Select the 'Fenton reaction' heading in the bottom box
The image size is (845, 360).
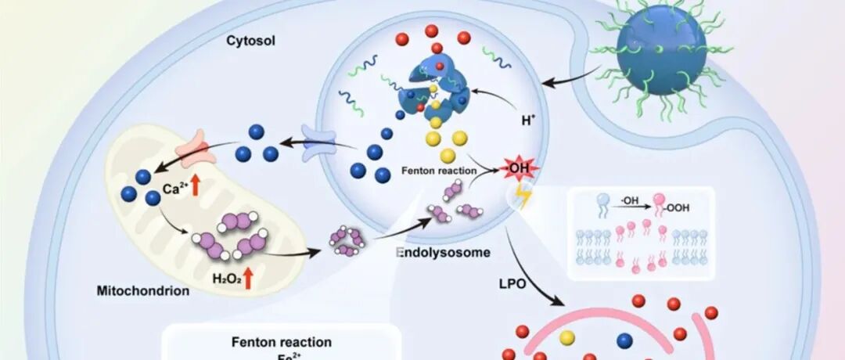[x=281, y=342]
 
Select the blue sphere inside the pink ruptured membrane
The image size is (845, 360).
[x=625, y=340]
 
